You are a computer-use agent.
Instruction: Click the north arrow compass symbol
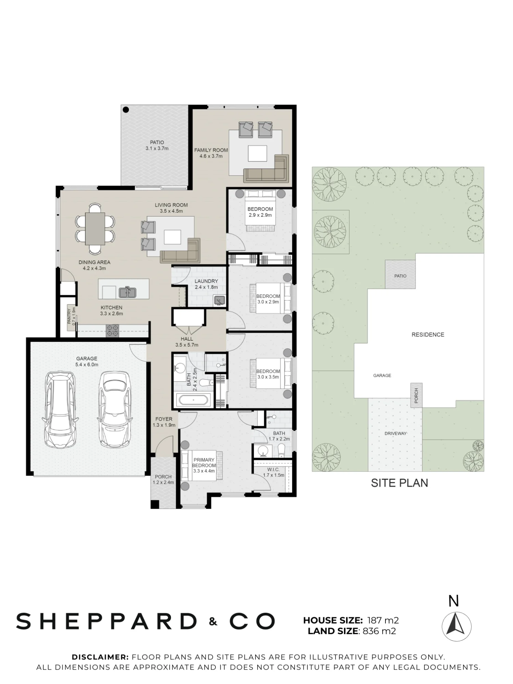click(x=456, y=627)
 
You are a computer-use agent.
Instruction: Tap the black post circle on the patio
click(x=126, y=110)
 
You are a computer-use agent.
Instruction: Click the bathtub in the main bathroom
click(x=193, y=400)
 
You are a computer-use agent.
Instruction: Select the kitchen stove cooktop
click(x=112, y=330)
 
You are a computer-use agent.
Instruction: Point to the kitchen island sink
click(x=128, y=292)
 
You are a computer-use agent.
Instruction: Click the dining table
click(x=95, y=228)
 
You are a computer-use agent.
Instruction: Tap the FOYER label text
click(x=164, y=419)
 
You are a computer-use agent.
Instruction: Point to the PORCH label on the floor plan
click(x=163, y=477)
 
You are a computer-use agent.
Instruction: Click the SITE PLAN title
click(x=399, y=483)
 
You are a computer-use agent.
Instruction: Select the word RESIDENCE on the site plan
click(x=428, y=334)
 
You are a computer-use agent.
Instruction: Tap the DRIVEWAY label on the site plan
click(x=396, y=433)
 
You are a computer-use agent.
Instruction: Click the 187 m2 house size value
click(x=383, y=620)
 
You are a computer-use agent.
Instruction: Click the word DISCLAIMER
click(x=100, y=657)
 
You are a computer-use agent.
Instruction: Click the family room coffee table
click(x=257, y=153)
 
